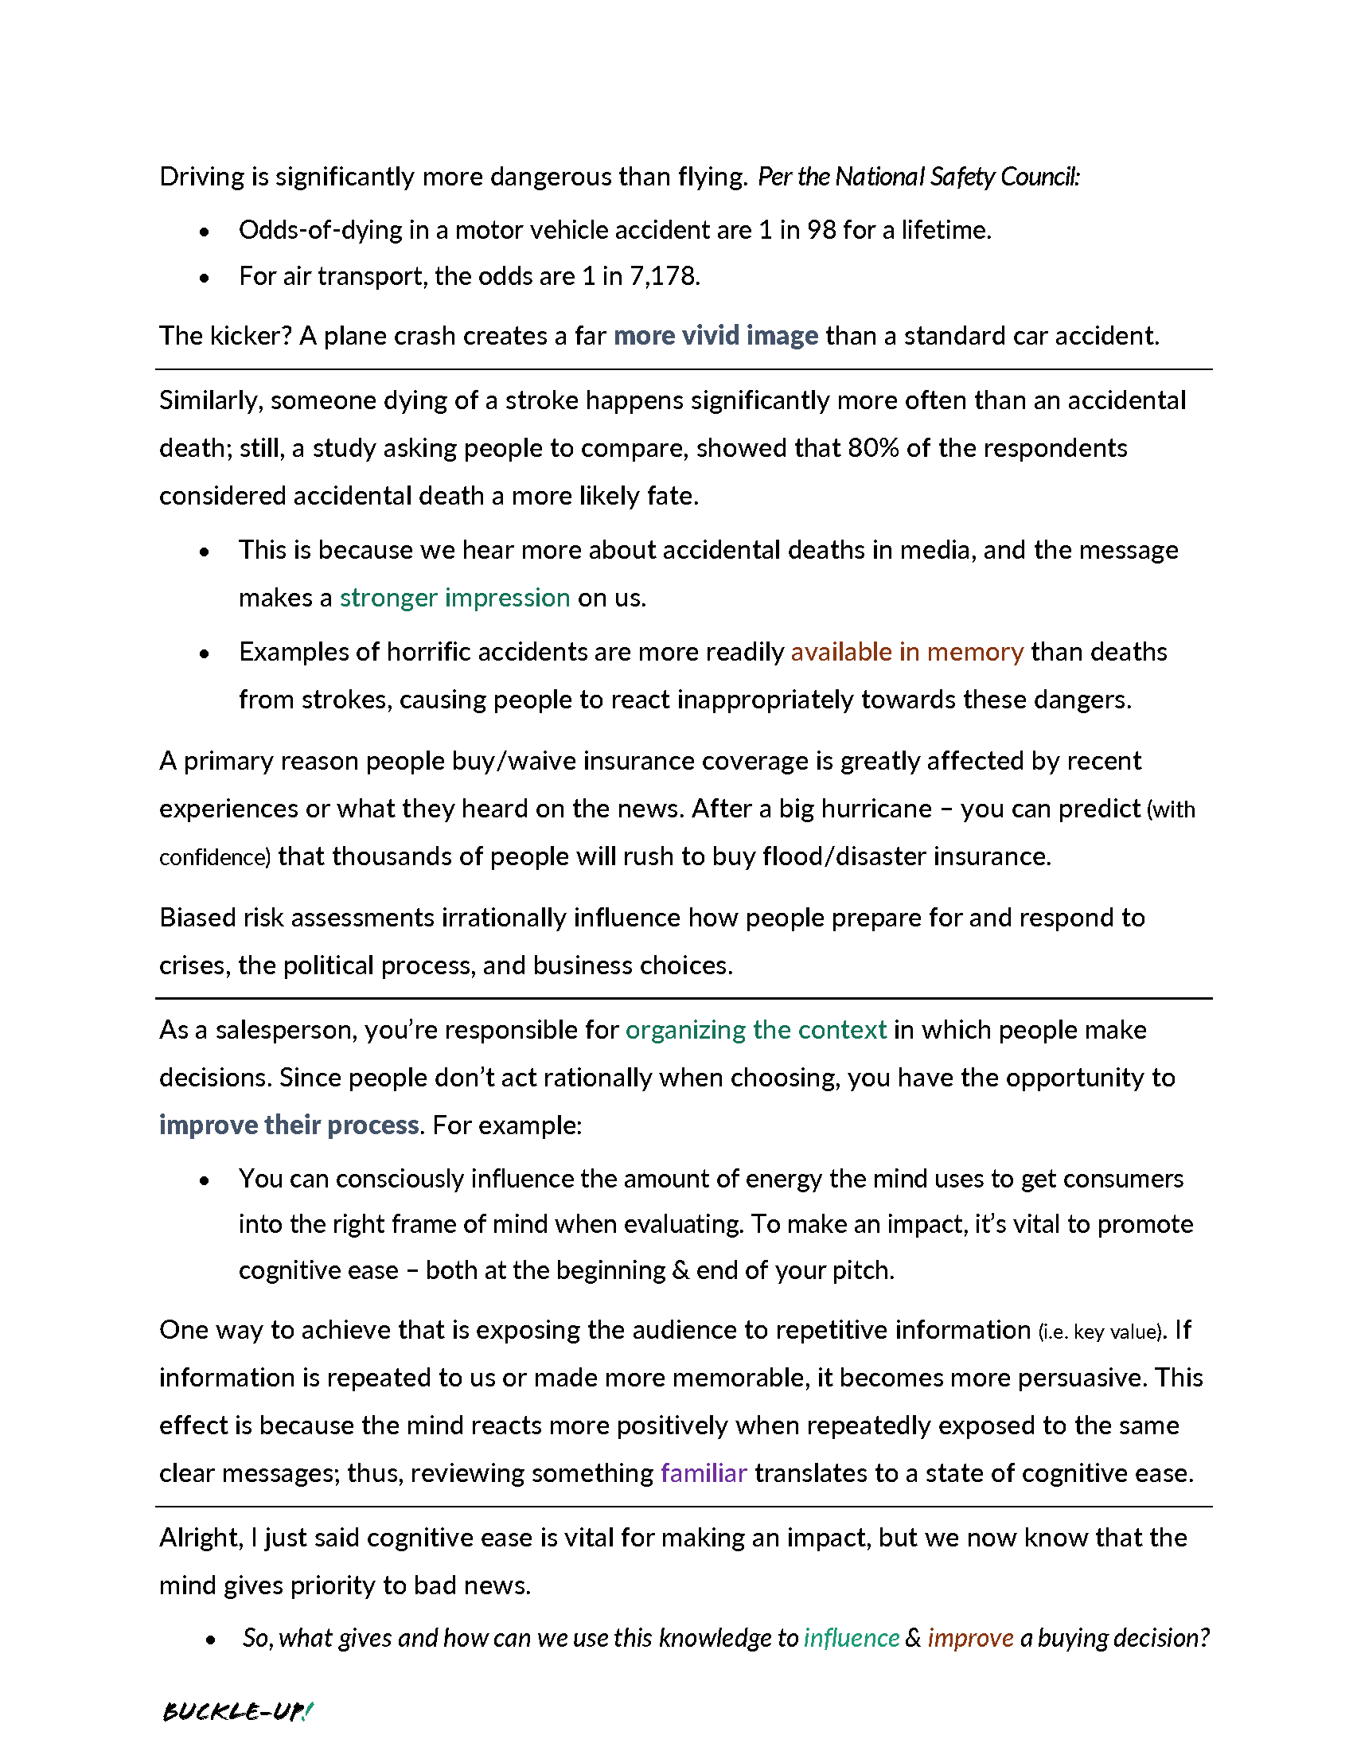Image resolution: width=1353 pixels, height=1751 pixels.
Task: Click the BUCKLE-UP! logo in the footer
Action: (x=236, y=1711)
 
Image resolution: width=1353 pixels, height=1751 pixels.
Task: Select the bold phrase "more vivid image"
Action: (x=715, y=336)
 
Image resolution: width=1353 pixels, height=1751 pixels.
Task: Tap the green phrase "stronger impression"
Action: (x=454, y=598)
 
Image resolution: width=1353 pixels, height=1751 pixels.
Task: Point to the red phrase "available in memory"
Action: (x=907, y=652)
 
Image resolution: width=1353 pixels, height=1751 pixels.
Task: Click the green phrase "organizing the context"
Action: (x=755, y=1030)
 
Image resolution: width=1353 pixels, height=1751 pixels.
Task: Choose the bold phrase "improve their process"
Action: (x=289, y=1125)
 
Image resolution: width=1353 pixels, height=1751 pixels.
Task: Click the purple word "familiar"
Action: (x=703, y=1473)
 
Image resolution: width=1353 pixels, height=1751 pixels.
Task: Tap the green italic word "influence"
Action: (x=852, y=1638)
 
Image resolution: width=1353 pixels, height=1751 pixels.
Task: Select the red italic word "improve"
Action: (x=970, y=1638)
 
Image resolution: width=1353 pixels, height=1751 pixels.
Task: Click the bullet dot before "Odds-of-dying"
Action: (x=205, y=232)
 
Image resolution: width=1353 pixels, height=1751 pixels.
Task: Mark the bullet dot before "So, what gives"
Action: (x=210, y=1640)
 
